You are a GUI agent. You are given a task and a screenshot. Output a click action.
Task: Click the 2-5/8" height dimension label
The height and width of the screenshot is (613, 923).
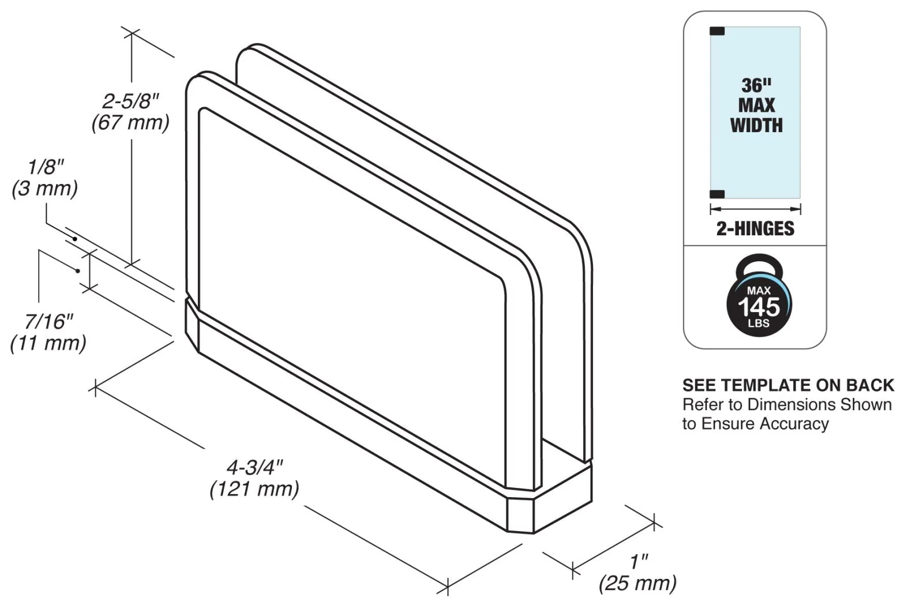(130, 101)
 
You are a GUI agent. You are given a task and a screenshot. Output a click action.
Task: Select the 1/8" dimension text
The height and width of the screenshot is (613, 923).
(46, 167)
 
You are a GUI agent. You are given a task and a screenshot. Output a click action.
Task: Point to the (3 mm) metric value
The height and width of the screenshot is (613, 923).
(44, 189)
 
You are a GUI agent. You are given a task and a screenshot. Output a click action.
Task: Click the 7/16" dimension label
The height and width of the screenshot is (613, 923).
(49, 322)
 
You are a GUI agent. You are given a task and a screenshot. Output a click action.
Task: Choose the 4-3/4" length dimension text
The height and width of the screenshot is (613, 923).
(255, 468)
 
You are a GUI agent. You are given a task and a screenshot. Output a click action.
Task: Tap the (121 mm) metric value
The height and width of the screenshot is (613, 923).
(254, 490)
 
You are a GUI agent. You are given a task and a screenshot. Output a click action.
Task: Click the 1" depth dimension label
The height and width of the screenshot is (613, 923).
(639, 562)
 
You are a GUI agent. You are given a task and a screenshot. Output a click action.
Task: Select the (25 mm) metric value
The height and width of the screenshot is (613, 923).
(637, 584)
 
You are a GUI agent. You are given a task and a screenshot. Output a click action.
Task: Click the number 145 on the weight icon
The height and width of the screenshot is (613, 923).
(759, 307)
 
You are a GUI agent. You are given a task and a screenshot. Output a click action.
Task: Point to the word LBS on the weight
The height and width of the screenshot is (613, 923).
(759, 324)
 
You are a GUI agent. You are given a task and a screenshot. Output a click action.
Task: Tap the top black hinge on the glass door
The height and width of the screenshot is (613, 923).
(717, 31)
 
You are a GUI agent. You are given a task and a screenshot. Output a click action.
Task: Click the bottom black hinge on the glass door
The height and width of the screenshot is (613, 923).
(717, 194)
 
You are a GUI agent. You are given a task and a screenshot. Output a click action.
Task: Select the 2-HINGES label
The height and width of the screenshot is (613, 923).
(755, 228)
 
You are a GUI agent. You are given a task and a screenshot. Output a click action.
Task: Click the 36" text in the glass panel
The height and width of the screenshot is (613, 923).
(756, 86)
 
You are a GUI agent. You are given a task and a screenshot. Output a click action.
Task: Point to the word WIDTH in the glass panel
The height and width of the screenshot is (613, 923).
(756, 126)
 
